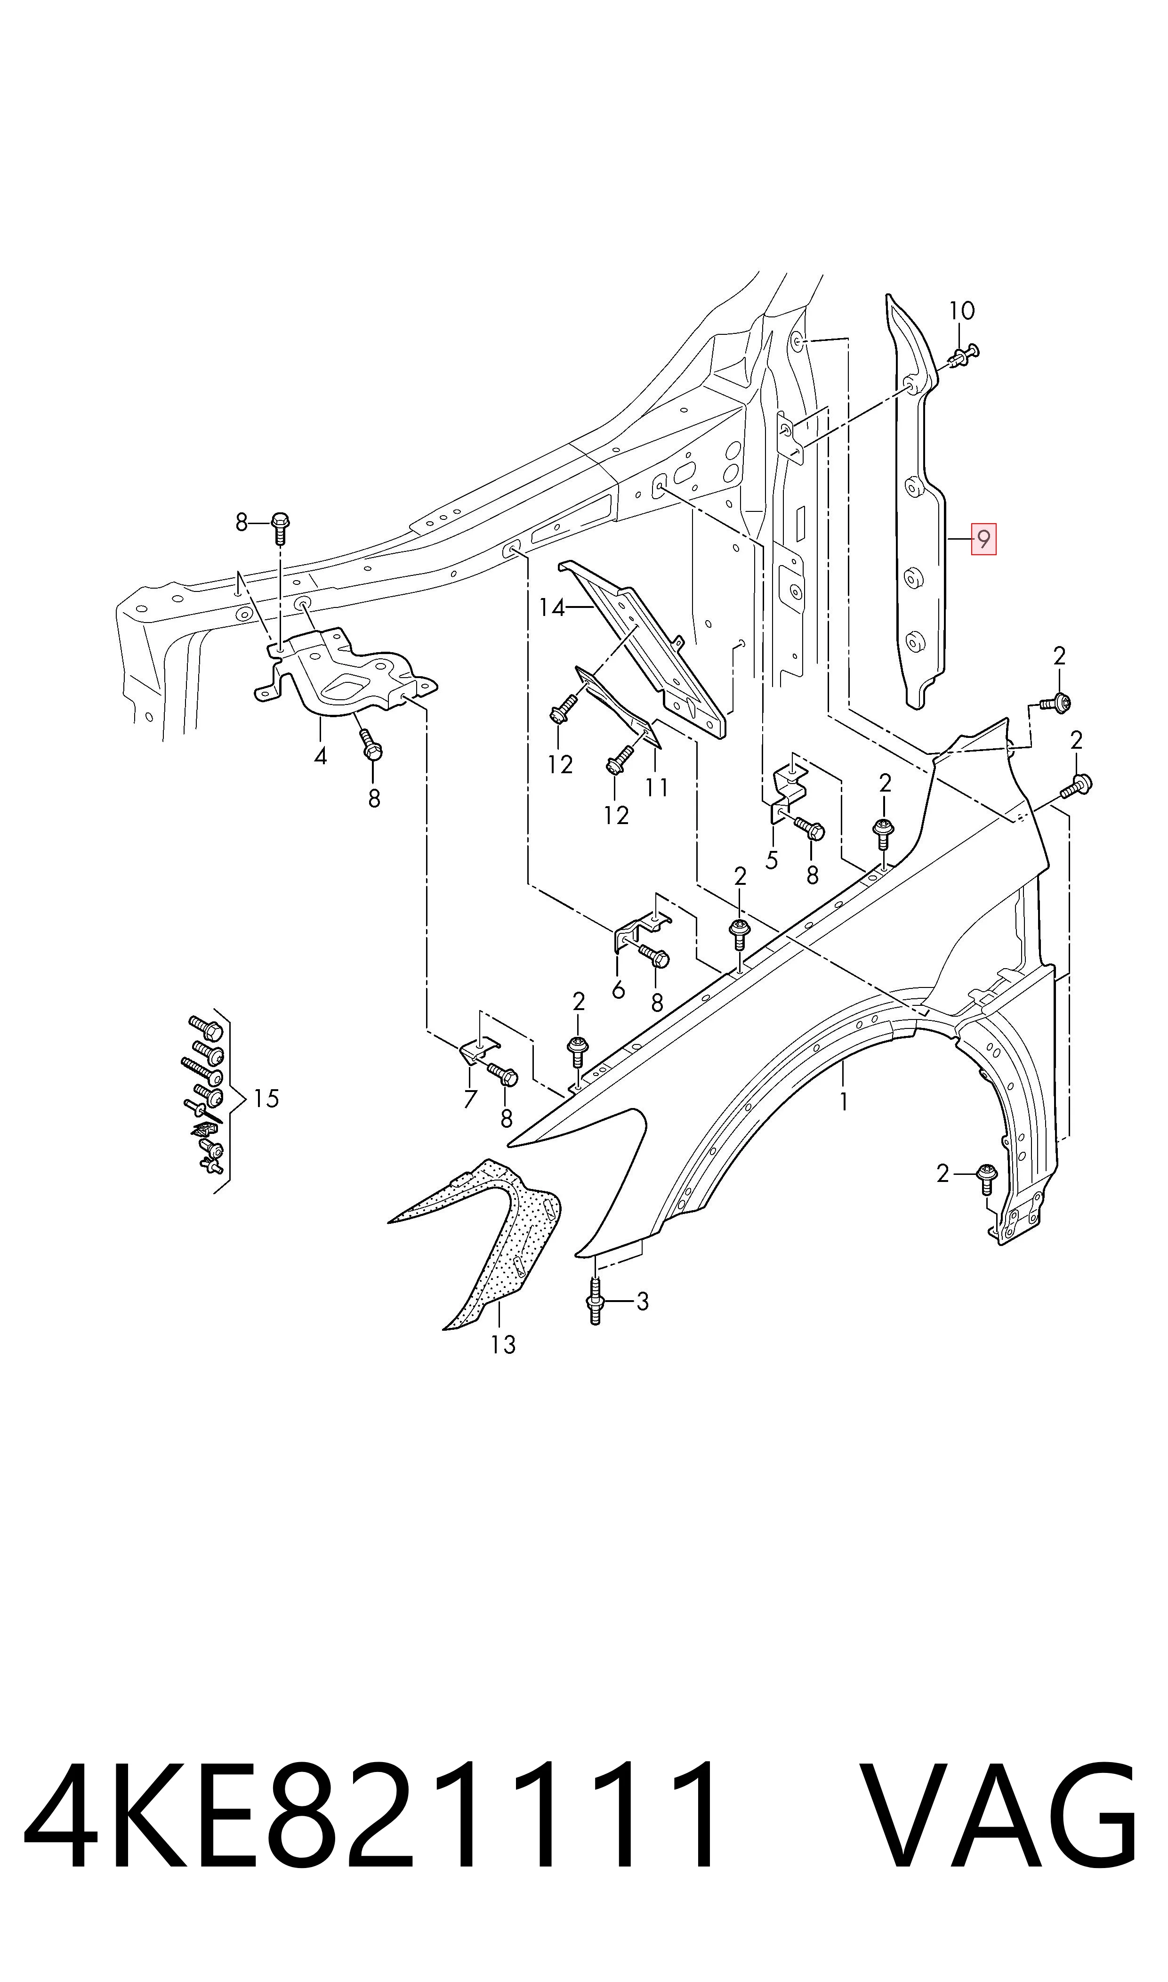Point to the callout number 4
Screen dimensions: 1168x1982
point(320,756)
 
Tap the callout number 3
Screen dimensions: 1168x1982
point(642,1302)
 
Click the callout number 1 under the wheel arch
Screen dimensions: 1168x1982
point(844,1102)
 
